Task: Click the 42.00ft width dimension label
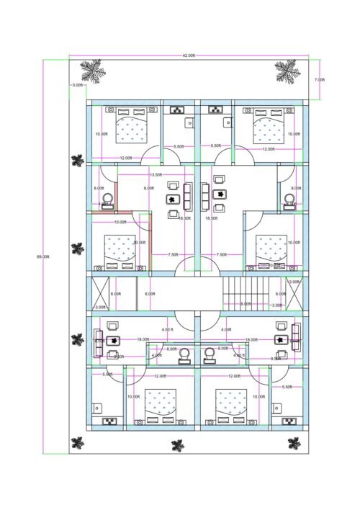tap(189, 55)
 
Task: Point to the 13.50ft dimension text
tap(155, 175)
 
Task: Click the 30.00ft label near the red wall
tap(140, 243)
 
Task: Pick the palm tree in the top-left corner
tap(91, 71)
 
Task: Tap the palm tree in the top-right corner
tap(286, 71)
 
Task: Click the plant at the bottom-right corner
tap(293, 442)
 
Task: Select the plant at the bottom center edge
tap(176, 445)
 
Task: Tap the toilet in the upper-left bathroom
tap(108, 199)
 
